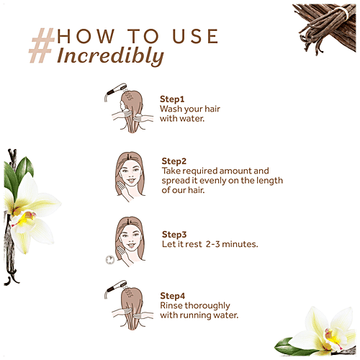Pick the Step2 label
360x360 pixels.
[174, 161]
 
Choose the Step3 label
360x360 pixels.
[174, 235]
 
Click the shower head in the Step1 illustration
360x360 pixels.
[114, 92]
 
